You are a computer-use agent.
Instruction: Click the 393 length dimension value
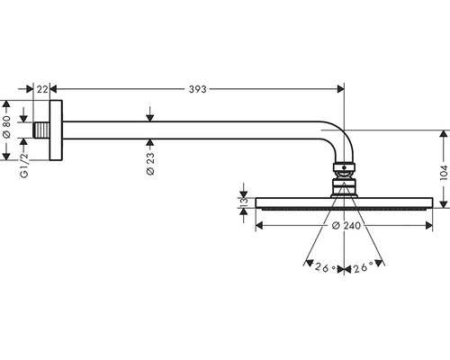[x=197, y=89]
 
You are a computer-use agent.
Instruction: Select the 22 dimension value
[x=42, y=89]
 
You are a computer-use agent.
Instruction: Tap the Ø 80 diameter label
[x=6, y=127]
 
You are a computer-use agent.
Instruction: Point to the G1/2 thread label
[x=24, y=166]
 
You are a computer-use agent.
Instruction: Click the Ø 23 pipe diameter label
[x=150, y=164]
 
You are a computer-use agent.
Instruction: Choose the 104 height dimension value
[x=444, y=172]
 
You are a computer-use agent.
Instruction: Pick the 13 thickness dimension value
[x=244, y=201]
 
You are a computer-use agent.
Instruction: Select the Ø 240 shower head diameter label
[x=346, y=225]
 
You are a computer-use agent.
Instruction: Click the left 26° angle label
[x=325, y=267]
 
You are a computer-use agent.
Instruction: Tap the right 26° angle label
[x=363, y=267]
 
